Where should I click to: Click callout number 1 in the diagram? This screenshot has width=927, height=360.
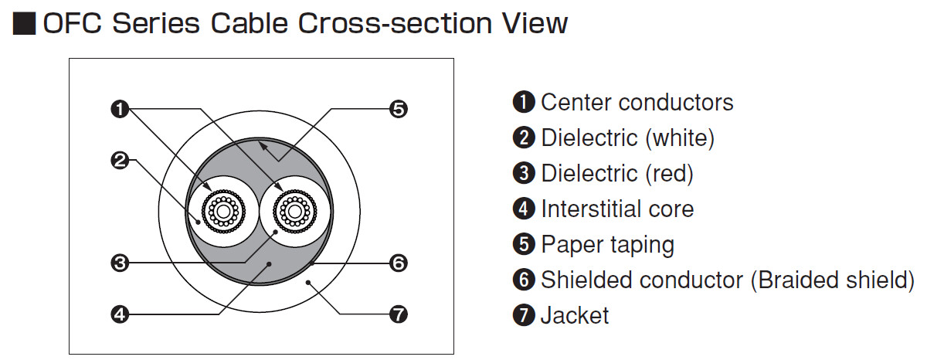[x=119, y=110]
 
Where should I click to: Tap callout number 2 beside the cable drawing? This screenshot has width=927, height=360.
[x=119, y=161]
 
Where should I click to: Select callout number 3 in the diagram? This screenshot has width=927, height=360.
[x=119, y=263]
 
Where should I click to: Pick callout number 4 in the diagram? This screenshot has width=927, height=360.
[x=119, y=314]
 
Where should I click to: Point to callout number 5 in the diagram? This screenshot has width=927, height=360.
[x=398, y=110]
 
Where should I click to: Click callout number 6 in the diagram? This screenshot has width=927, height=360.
[x=398, y=263]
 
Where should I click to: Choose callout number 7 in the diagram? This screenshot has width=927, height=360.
[x=398, y=314]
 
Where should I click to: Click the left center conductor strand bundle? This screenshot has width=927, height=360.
[x=223, y=210]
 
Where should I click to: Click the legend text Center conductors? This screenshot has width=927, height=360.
[x=637, y=102]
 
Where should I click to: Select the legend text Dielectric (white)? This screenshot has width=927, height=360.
[x=627, y=138]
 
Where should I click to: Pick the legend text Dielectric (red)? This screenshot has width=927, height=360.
[x=617, y=173]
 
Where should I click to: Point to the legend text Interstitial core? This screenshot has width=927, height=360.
[x=617, y=209]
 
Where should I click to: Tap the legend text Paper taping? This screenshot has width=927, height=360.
[x=607, y=244]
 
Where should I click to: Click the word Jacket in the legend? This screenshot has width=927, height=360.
[x=575, y=315]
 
